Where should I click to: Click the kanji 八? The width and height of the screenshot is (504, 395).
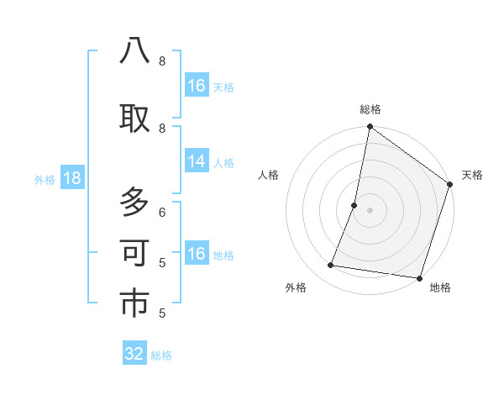pos(134,51)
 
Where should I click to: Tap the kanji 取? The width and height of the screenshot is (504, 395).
pos(134,118)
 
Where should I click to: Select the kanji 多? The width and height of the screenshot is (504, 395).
pos(134,203)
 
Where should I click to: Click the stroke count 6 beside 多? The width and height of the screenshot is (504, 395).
pos(162,212)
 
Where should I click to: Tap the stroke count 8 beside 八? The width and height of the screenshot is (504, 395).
pos(162,61)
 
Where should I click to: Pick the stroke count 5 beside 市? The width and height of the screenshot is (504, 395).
pos(162,313)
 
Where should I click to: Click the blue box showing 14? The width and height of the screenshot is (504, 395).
pos(197,161)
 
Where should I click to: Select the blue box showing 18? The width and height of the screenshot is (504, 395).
pos(71,178)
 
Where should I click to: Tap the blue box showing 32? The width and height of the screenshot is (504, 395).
pos(134,354)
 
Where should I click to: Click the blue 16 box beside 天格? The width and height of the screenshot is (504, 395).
pos(197,86)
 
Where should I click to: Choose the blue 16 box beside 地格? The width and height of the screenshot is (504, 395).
pos(197,254)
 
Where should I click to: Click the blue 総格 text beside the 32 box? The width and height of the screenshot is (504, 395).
pos(161,355)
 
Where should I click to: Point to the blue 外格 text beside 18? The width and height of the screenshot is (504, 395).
pos(45,179)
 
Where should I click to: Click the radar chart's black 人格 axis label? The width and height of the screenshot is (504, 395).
pos(269,175)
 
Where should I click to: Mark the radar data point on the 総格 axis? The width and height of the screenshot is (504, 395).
pos(370,128)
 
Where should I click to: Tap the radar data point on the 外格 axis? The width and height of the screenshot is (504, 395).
pos(331,266)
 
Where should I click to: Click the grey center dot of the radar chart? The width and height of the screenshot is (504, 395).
pos(370,209)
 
